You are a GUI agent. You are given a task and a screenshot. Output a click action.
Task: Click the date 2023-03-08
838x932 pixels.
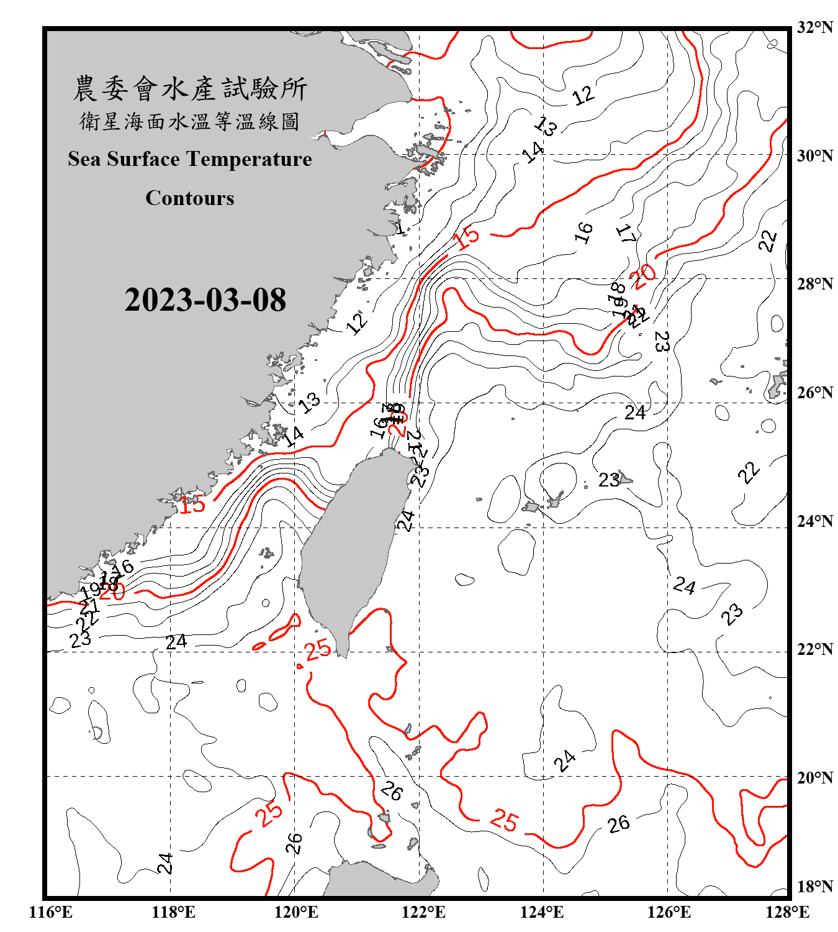pyautogui.click(x=205, y=300)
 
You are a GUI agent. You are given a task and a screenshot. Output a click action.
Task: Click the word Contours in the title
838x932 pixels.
pyautogui.click(x=190, y=198)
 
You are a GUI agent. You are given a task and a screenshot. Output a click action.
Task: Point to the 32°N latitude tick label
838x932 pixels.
pyautogui.click(x=814, y=27)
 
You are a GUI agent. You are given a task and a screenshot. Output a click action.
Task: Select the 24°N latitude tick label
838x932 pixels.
pyautogui.click(x=814, y=521)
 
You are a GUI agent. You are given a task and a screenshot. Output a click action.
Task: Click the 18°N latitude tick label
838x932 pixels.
pyautogui.click(x=814, y=887)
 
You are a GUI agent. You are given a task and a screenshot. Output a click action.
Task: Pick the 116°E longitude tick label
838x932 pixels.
pyautogui.click(x=51, y=912)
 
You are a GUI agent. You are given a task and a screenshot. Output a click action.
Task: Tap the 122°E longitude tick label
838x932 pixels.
pyautogui.click(x=423, y=912)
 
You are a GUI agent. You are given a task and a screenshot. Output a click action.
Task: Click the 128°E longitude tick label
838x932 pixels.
pyautogui.click(x=787, y=912)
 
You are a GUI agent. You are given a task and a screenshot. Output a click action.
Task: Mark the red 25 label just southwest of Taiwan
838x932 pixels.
pyautogui.click(x=318, y=650)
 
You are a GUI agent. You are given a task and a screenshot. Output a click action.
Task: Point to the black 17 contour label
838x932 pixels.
pyautogui.click(x=626, y=234)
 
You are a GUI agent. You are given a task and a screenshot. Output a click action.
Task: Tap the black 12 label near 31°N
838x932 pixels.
pyautogui.click(x=583, y=96)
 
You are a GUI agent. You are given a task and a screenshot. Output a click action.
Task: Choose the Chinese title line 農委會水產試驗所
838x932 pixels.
pyautogui.click(x=190, y=89)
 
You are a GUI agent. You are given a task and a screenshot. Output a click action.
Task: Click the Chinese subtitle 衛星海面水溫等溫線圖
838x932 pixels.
pyautogui.click(x=190, y=122)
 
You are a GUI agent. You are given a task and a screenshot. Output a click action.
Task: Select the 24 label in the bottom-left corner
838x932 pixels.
pyautogui.click(x=165, y=863)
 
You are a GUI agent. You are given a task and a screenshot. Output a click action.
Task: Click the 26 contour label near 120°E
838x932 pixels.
pyautogui.click(x=294, y=843)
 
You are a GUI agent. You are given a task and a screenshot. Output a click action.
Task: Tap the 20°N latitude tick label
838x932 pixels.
pyautogui.click(x=814, y=777)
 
